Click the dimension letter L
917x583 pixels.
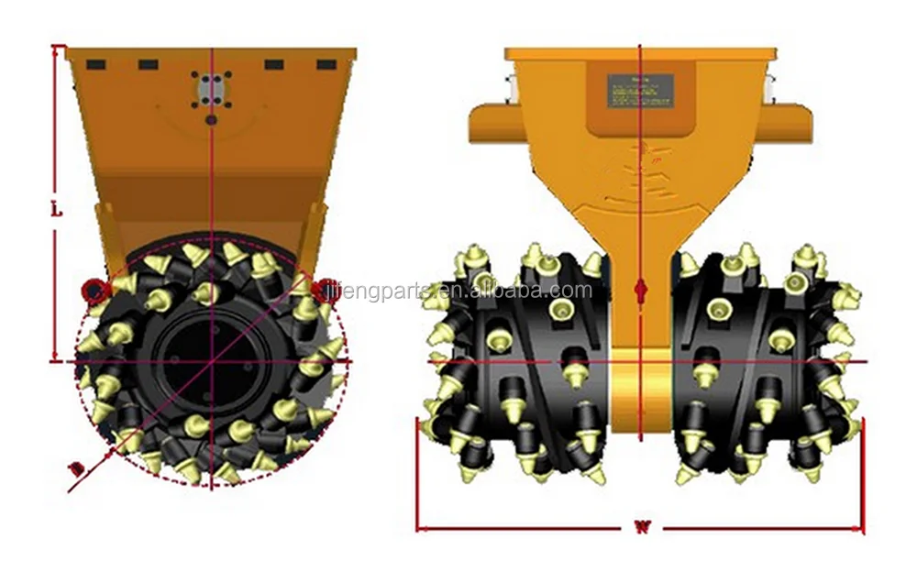[56, 209]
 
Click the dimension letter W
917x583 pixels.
[641, 528]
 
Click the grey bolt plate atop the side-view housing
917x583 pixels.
[211, 90]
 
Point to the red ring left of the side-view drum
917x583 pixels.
[94, 291]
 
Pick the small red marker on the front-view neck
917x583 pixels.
[641, 291]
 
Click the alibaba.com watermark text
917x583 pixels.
[550, 291]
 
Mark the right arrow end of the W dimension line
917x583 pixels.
[862, 528]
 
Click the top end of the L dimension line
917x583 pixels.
[56, 48]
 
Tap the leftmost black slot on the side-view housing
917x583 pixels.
[96, 64]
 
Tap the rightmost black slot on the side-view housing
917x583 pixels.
[326, 64]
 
